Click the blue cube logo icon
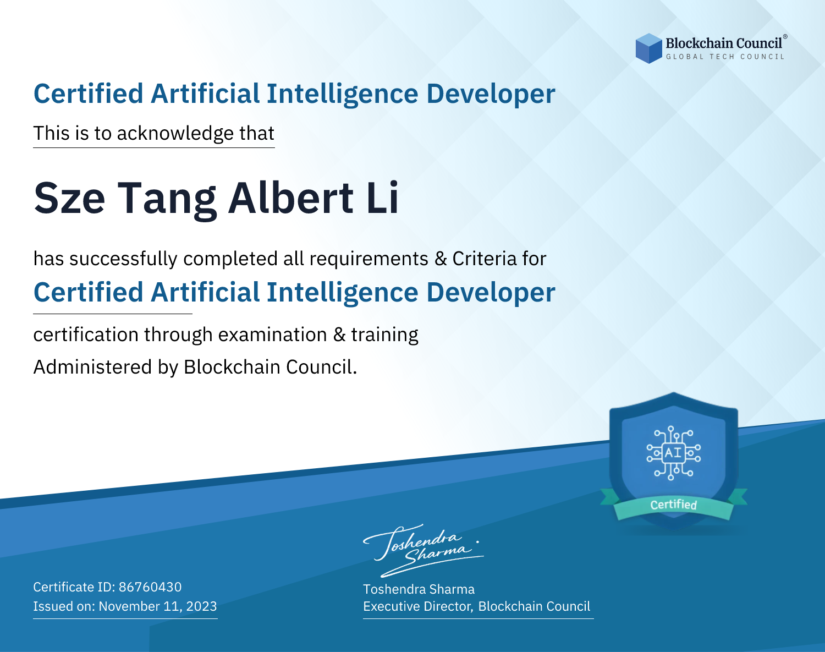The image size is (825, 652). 648,48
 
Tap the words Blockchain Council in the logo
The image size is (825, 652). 724,43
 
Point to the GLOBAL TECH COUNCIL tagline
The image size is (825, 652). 725,57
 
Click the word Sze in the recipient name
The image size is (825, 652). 69,198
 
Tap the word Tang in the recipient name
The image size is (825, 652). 167,200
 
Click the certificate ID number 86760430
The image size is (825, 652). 150,587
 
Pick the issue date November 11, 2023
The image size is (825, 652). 158,606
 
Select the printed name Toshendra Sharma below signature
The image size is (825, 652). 419,589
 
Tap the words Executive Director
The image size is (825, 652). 417,606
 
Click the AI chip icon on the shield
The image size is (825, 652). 673,453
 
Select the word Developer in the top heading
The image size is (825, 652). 491,94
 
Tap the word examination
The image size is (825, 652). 273,335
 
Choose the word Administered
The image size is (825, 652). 92,366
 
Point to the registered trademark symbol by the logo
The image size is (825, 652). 785,37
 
